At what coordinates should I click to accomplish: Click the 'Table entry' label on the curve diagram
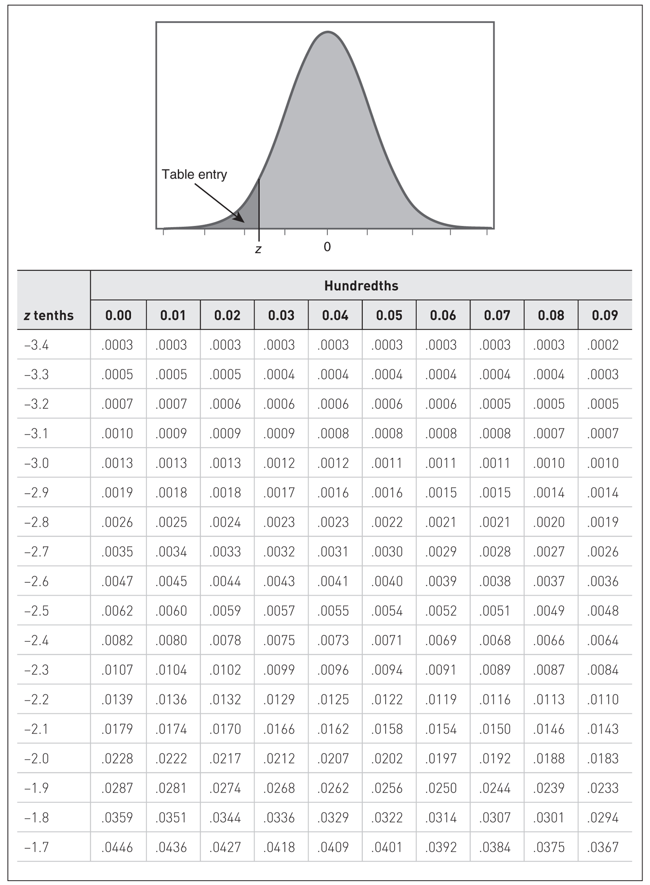194,175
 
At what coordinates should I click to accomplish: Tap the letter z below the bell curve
258,249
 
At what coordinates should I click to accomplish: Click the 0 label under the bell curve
327,247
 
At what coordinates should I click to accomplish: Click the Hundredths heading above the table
361,286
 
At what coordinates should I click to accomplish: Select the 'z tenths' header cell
49,315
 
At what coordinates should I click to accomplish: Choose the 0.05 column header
389,315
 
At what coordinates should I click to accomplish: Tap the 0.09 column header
605,315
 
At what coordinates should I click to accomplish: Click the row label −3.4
36,345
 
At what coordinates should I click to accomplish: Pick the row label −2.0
36,758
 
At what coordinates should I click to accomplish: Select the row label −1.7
36,847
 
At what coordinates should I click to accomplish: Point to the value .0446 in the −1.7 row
117,847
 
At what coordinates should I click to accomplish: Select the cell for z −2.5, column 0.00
117,611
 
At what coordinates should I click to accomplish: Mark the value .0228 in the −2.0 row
117,758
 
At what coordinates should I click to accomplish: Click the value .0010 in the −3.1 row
117,434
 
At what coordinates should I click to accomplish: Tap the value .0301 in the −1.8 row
549,817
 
